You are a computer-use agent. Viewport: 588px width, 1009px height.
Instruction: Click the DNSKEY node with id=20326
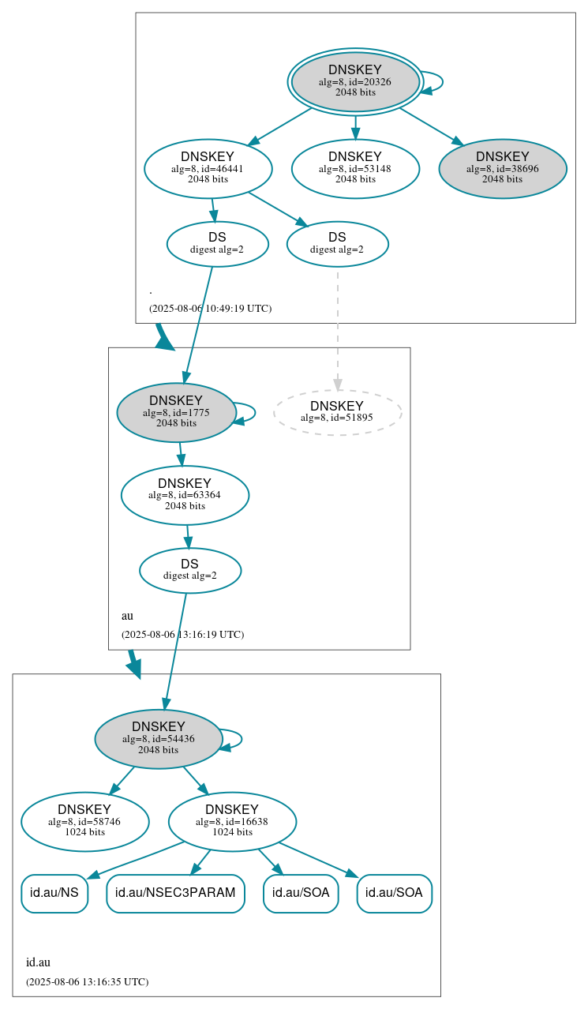(355, 81)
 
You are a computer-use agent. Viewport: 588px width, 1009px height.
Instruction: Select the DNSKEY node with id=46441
(208, 168)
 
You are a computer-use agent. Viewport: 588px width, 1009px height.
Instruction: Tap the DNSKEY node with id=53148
(355, 168)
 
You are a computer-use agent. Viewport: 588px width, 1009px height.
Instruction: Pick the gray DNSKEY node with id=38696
(503, 168)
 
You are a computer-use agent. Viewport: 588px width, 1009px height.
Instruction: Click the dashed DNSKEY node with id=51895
(337, 412)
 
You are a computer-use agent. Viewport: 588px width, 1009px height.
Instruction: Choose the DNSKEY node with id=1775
(176, 412)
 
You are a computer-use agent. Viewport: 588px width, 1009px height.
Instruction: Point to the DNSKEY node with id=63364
(185, 495)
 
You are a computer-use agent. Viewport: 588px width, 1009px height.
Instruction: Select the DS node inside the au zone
(190, 570)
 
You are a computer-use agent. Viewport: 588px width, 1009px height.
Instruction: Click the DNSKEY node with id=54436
(159, 739)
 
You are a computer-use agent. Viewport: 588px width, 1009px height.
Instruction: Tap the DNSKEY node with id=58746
(85, 822)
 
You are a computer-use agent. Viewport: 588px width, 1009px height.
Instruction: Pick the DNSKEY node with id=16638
(232, 822)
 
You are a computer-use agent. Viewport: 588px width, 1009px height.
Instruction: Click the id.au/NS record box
(54, 893)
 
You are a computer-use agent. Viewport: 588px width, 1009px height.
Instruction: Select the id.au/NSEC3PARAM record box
(175, 893)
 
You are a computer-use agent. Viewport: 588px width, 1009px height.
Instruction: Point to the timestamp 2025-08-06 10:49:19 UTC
(210, 309)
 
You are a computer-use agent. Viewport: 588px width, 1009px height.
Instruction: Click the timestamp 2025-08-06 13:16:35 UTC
(87, 982)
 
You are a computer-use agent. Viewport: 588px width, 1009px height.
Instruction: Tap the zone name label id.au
(38, 962)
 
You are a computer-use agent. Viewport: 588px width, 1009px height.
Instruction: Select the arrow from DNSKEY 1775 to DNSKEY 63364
(181, 454)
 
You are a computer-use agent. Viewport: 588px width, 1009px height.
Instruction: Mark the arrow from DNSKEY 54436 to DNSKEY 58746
(122, 780)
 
